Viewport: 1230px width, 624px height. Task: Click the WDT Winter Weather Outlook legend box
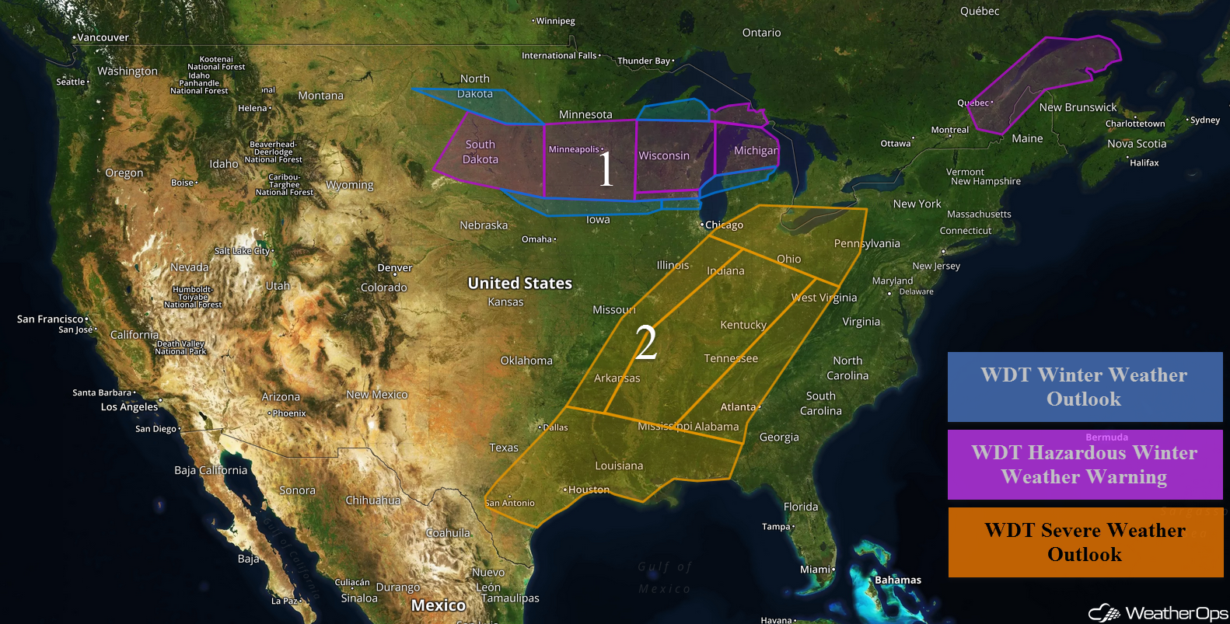(x=1085, y=387)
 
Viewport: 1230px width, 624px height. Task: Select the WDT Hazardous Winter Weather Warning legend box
(x=1085, y=465)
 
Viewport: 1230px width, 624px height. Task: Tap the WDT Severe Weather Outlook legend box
(x=1085, y=542)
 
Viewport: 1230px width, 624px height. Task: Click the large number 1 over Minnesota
(x=606, y=169)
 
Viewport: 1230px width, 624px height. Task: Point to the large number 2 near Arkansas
(x=645, y=343)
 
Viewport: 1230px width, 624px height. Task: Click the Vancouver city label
(x=103, y=37)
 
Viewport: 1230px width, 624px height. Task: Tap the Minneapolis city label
(x=575, y=149)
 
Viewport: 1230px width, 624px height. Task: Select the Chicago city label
(x=724, y=225)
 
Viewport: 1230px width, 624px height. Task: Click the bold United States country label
(x=519, y=283)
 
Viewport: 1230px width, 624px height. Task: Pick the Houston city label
(x=589, y=490)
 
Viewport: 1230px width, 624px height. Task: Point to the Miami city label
(x=816, y=570)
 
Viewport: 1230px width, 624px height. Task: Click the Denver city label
(x=395, y=267)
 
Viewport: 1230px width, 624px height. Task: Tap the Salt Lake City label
(x=243, y=251)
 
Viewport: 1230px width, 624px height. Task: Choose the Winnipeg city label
(x=555, y=21)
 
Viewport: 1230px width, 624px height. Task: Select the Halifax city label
(x=1144, y=162)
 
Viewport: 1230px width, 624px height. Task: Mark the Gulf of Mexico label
(x=664, y=577)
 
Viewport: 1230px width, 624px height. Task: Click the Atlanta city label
(x=739, y=406)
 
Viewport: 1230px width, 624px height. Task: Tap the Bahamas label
(x=898, y=580)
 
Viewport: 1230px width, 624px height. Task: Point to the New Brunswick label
(x=1078, y=107)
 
